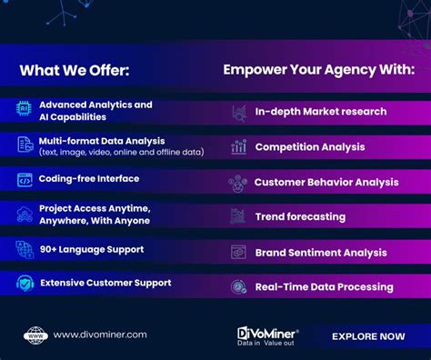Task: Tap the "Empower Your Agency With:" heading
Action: (x=318, y=69)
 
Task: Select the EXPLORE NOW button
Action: (x=368, y=336)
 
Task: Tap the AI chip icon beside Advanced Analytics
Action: (x=24, y=110)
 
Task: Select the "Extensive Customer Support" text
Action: (x=105, y=283)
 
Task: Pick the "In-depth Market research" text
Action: (x=321, y=112)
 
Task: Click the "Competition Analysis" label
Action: (x=309, y=146)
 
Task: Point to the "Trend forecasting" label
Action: (x=300, y=216)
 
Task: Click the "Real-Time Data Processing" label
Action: (x=324, y=286)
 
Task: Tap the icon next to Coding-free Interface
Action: (x=25, y=180)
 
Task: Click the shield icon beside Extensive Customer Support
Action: (x=25, y=284)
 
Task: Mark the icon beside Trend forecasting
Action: (x=238, y=216)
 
